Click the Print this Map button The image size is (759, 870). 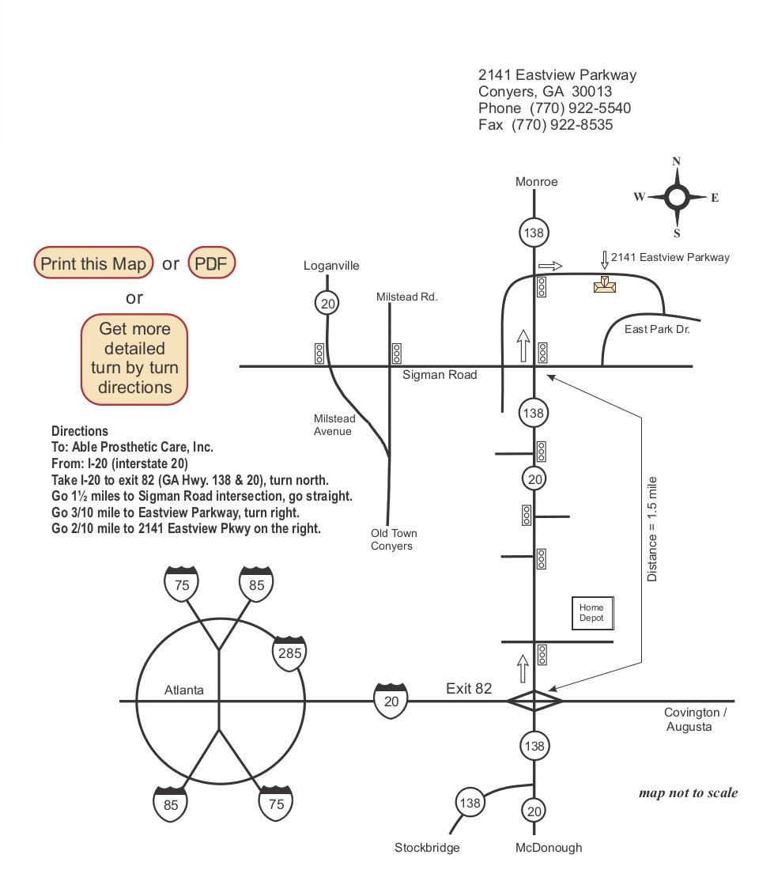click(93, 263)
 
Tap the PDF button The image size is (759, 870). click(211, 263)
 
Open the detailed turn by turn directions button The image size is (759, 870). click(135, 358)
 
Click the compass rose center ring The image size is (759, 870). click(677, 197)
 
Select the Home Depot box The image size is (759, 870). click(592, 613)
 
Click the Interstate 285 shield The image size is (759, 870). click(289, 652)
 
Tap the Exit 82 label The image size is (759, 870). click(469, 688)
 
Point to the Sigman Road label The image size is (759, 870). click(440, 375)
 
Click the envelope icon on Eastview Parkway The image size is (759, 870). click(605, 285)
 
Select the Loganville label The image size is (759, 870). click(331, 266)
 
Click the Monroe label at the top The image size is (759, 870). click(536, 182)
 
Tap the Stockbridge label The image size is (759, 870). click(427, 848)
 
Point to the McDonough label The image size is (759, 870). click(549, 848)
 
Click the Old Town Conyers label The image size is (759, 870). click(394, 539)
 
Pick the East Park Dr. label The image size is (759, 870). click(657, 329)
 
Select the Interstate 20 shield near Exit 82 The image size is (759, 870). click(391, 700)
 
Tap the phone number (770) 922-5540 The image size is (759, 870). click(580, 108)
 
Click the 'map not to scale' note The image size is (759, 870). click(688, 793)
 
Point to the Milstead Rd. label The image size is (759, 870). click(406, 297)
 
